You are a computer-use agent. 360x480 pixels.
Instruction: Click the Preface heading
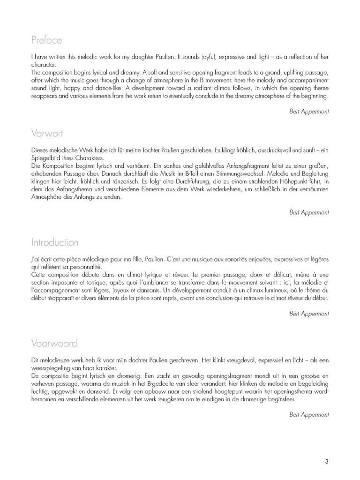click(x=46, y=40)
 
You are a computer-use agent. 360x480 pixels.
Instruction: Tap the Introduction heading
click(x=55, y=242)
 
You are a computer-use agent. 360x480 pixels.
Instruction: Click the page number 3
click(x=326, y=461)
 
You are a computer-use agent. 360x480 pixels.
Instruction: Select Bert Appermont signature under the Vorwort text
click(x=309, y=212)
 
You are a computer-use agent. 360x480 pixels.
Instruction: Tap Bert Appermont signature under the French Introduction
click(x=309, y=313)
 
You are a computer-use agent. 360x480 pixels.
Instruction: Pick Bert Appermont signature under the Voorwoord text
click(x=309, y=414)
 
